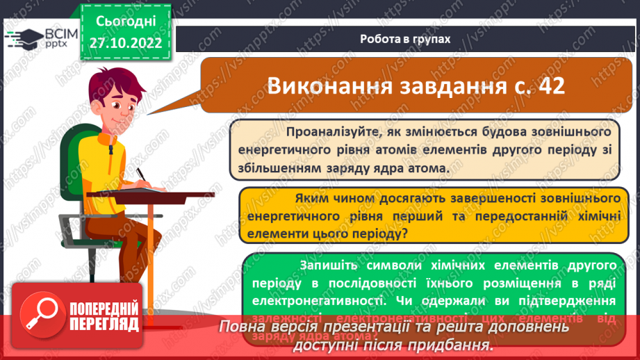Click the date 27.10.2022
tap(126, 42)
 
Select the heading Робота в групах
tap(405, 40)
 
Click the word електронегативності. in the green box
tap(315, 302)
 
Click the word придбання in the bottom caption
tap(450, 345)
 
